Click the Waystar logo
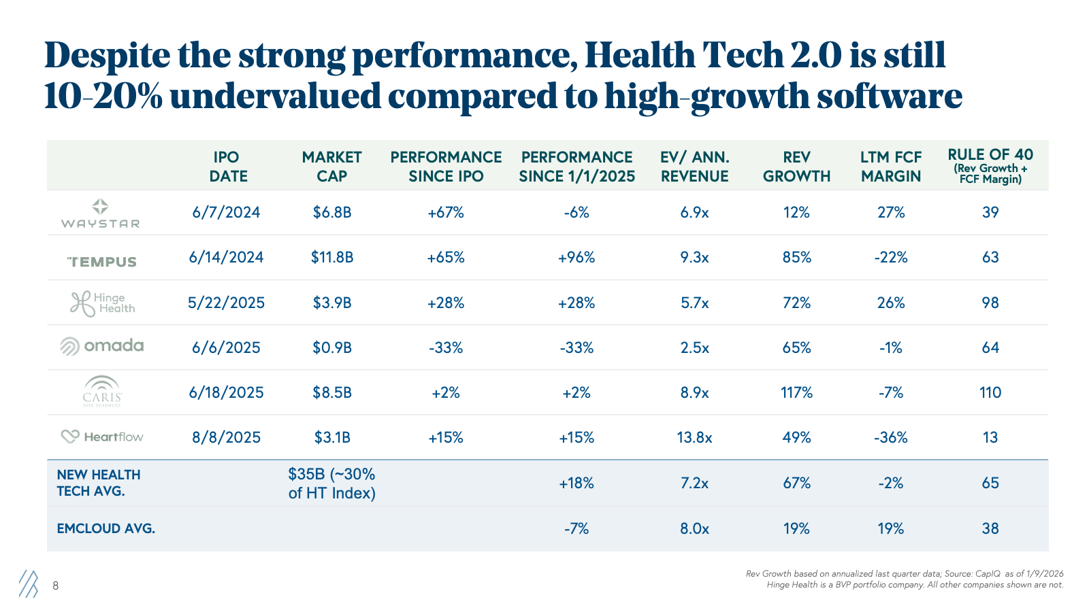pos(100,214)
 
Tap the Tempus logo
pos(101,262)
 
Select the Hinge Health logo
pos(103,303)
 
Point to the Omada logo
pos(101,346)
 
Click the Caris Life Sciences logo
pos(102,392)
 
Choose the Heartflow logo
pos(102,437)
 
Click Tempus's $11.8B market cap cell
pos(332,257)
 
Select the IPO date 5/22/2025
pos(226,303)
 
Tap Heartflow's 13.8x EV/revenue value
pos(694,438)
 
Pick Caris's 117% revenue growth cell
pos(796,392)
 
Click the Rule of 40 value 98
pos(990,303)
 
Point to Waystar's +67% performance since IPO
pos(445,212)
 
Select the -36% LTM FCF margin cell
pos(891,438)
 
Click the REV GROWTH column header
pos(796,167)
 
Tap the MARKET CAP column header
pos(332,167)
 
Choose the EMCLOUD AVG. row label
pos(106,528)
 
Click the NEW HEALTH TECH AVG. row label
pos(99,483)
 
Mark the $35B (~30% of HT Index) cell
pos(332,483)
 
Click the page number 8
pos(55,585)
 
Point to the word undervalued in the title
pos(276,96)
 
